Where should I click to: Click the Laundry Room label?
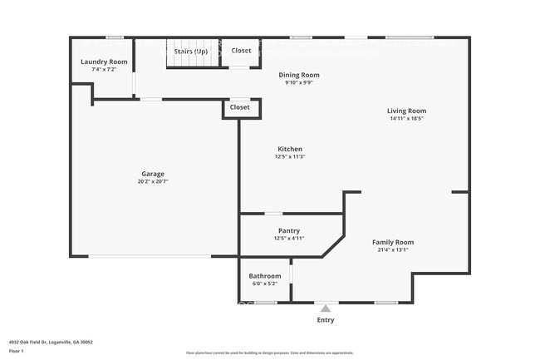point(104,62)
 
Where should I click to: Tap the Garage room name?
point(153,174)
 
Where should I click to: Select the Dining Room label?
point(299,75)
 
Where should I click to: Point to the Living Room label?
point(406,111)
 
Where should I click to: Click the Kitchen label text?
point(290,149)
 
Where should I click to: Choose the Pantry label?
point(289,230)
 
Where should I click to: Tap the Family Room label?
point(392,241)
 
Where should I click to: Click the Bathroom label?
point(265,276)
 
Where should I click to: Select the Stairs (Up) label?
point(191,52)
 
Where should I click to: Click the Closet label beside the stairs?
point(241,51)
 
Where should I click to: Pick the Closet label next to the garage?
point(239,107)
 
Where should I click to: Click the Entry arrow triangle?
point(326,308)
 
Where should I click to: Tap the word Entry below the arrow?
point(326,319)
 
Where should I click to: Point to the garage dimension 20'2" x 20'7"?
point(153,182)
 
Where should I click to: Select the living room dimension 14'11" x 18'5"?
point(406,119)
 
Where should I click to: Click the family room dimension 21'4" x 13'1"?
point(392,249)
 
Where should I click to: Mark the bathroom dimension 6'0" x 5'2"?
point(265,284)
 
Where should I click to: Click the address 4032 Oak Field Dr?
point(51,342)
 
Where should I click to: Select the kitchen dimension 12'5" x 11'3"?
point(290,157)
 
